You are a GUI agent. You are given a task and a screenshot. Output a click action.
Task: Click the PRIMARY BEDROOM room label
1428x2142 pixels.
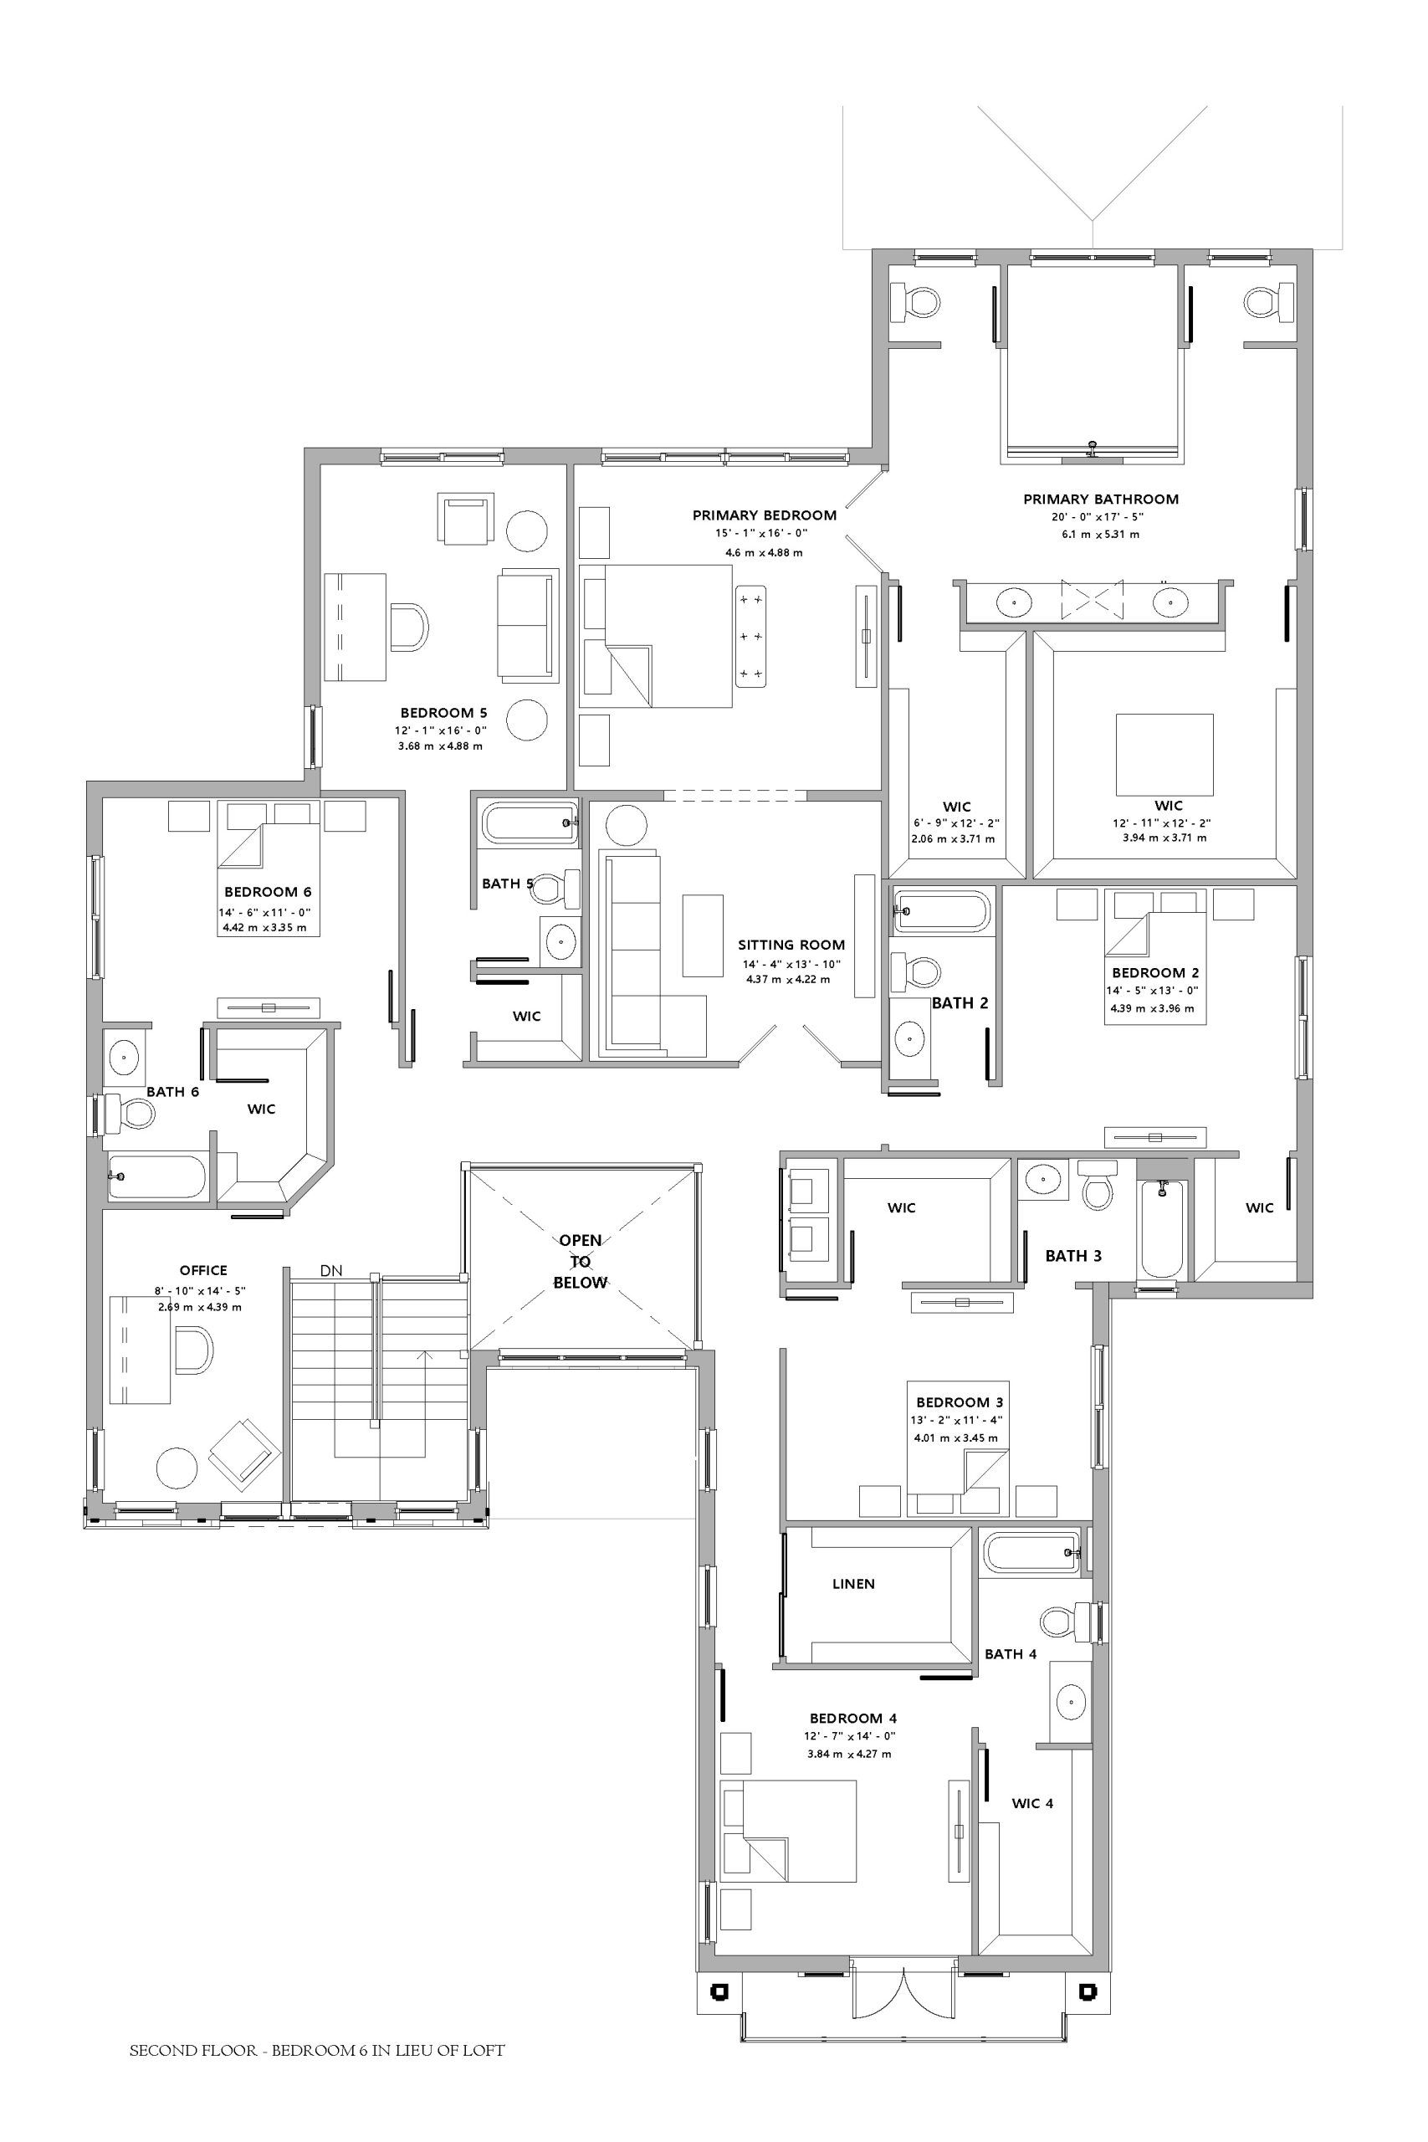click(x=764, y=515)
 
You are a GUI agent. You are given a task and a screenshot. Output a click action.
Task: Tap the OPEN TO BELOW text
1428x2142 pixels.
click(x=580, y=1261)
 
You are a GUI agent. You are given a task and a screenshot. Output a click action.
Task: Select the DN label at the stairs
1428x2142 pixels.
click(x=331, y=1270)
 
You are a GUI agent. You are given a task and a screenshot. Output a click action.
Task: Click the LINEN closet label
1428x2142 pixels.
click(x=853, y=1584)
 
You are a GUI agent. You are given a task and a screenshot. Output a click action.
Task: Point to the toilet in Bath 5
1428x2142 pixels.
click(x=556, y=888)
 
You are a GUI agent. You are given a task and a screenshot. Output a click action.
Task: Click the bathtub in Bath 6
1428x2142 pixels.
click(x=156, y=1177)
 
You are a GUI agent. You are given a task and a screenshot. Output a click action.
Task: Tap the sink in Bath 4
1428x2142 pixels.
click(x=1070, y=1700)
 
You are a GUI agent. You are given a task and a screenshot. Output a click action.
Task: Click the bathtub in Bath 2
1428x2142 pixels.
click(x=943, y=910)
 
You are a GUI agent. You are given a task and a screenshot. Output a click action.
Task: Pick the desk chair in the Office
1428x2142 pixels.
click(x=194, y=1350)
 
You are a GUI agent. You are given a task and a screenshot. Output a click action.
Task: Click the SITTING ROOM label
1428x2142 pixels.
click(x=791, y=945)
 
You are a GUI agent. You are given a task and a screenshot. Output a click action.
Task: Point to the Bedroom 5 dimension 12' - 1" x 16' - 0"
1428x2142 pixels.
click(x=441, y=730)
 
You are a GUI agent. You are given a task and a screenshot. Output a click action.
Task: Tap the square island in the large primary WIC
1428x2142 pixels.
click(x=1164, y=755)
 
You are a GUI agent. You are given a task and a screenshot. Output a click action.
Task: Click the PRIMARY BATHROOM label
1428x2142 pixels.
click(x=1101, y=499)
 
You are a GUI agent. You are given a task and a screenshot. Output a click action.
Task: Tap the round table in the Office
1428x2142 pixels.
click(x=177, y=1468)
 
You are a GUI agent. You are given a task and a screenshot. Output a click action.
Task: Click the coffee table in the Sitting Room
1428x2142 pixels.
click(x=703, y=935)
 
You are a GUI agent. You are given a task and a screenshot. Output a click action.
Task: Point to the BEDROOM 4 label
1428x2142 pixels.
click(x=853, y=1719)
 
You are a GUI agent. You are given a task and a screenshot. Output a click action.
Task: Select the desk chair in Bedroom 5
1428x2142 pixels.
click(x=409, y=627)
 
